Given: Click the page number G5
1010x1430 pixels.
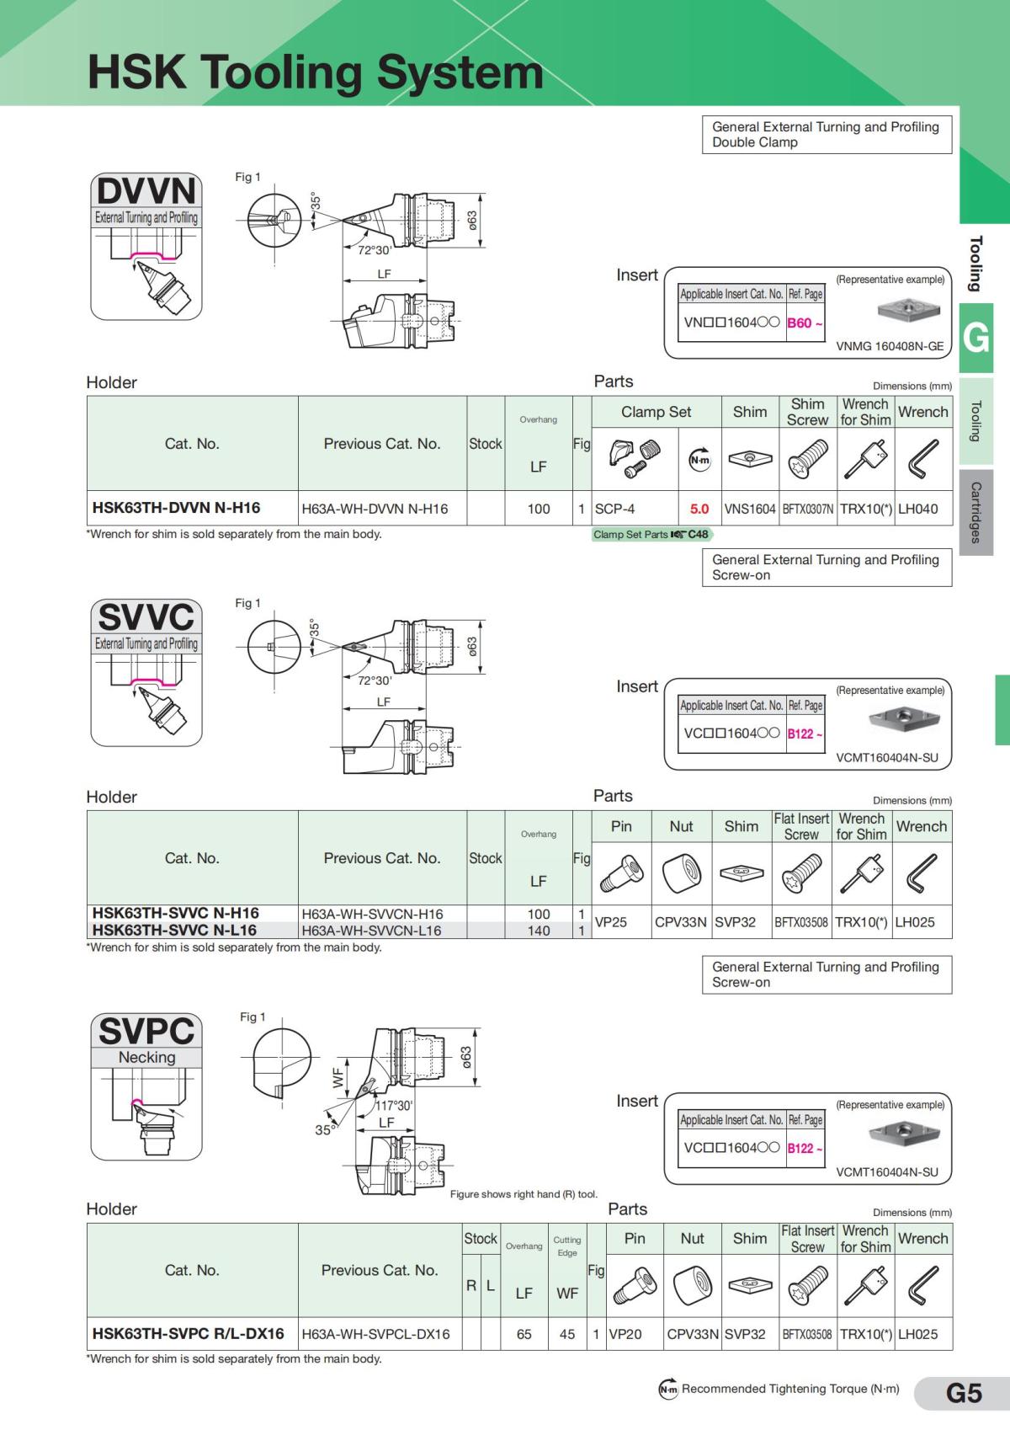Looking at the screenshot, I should pos(963,1393).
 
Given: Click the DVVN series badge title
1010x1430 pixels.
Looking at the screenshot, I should pos(146,190).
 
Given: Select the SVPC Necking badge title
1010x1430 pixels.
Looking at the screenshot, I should pos(146,1031).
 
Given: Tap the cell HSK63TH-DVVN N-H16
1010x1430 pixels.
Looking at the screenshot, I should pos(177,508).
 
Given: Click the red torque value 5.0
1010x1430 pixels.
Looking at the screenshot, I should pos(699,509).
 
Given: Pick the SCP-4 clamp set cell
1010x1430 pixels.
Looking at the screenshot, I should pos(615,509).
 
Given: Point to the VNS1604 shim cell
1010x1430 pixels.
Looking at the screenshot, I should pos(749,509).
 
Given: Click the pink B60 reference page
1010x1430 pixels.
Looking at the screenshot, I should pos(800,323).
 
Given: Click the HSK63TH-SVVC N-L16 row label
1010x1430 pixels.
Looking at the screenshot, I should pos(174,930).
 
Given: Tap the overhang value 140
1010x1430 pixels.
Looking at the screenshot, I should pos(539,931).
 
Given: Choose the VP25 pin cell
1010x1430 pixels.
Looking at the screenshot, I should pos(612,921).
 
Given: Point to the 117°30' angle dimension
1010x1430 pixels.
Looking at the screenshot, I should pos(393,1106).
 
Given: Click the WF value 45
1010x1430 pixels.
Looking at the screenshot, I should pos(567,1334).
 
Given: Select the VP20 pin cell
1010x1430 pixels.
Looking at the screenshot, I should pos(625,1334).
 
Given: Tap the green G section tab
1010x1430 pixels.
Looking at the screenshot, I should pos(976,338).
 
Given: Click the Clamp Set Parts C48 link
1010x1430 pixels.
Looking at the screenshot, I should pos(651,534).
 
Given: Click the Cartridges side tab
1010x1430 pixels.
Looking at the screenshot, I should pos(976,513).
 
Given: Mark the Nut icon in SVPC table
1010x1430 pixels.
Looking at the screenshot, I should pos(693,1286).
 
